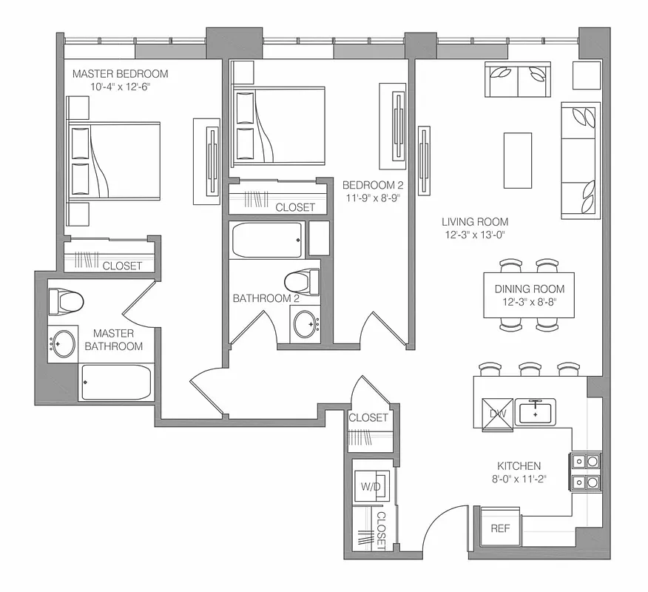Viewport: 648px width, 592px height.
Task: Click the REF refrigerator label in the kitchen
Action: [x=500, y=529]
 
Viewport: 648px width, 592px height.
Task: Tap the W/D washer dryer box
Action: [x=370, y=487]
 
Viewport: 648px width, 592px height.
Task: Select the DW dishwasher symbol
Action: [x=498, y=413]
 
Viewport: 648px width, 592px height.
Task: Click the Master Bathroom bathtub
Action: [x=116, y=381]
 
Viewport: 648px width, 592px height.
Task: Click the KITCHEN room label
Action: [x=519, y=466]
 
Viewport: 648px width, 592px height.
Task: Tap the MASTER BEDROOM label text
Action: [x=120, y=74]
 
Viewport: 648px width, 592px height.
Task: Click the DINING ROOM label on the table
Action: [x=529, y=289]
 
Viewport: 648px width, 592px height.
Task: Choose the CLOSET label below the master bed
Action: [x=122, y=266]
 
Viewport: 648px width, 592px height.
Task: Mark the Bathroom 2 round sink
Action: [x=303, y=323]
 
